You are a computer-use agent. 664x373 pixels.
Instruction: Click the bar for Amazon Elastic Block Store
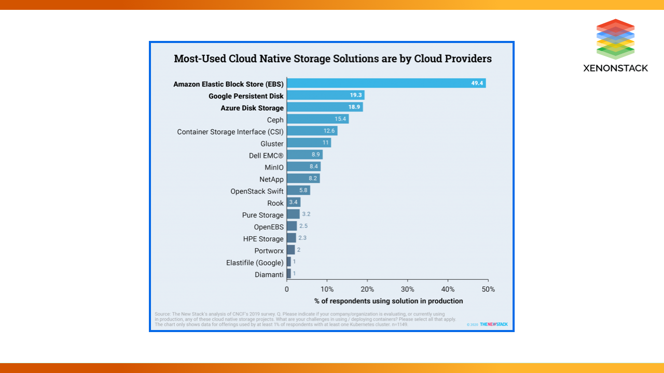[x=386, y=83]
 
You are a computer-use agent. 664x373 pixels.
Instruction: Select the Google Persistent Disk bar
[x=325, y=95]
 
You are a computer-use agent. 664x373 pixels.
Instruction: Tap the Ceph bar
[x=317, y=119]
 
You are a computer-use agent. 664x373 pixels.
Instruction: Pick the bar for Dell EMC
[x=305, y=155]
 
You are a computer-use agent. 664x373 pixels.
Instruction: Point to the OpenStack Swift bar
[x=298, y=191]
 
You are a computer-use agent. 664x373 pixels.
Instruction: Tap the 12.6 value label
[x=329, y=131]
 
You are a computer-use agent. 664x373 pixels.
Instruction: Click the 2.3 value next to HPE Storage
[x=303, y=238]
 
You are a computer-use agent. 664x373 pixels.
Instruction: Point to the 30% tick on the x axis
[x=408, y=289]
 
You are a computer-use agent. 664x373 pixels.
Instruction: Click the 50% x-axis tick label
[x=488, y=289]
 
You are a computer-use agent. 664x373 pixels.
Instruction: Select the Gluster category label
[x=272, y=144]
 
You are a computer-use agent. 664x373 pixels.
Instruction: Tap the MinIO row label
[x=274, y=167]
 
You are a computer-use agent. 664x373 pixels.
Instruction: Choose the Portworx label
[x=269, y=251]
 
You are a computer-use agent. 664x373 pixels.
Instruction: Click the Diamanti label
[x=269, y=275]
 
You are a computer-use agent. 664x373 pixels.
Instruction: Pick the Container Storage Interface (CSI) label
[x=230, y=132]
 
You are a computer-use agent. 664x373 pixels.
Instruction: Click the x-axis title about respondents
[x=389, y=301]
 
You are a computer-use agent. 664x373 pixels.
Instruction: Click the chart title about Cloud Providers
[x=333, y=59]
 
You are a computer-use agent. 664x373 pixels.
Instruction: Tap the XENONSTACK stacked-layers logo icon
[x=615, y=39]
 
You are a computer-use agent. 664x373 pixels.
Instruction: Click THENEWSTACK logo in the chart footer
[x=493, y=324]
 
